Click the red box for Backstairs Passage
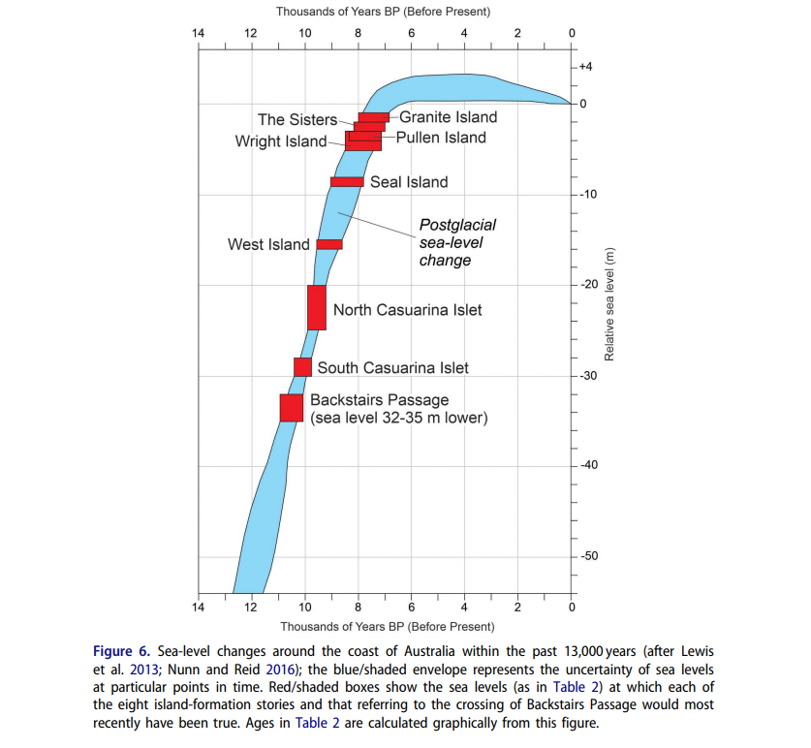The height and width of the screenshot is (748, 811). pyautogui.click(x=292, y=408)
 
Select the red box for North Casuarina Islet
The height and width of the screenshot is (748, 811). pyautogui.click(x=317, y=307)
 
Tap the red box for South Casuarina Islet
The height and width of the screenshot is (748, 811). pyautogui.click(x=302, y=367)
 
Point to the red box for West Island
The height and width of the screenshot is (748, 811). pyautogui.click(x=329, y=244)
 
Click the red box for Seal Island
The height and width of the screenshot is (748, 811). pyautogui.click(x=347, y=182)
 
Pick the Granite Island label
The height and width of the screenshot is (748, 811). pyautogui.click(x=448, y=117)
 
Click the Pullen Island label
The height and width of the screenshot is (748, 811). pyautogui.click(x=441, y=138)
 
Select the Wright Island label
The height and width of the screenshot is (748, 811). pyautogui.click(x=281, y=141)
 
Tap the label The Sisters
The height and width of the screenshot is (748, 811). pyautogui.click(x=297, y=120)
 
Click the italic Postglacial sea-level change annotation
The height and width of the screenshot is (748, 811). pyautogui.click(x=457, y=242)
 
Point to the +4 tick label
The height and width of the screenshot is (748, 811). pyautogui.click(x=584, y=67)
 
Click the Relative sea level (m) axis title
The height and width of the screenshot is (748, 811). pyautogui.click(x=609, y=303)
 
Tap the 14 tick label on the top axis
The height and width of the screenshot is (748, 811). pyautogui.click(x=199, y=34)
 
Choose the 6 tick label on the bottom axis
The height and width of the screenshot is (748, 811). pyautogui.click(x=412, y=608)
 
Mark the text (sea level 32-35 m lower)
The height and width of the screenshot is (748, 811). pyautogui.click(x=398, y=419)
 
